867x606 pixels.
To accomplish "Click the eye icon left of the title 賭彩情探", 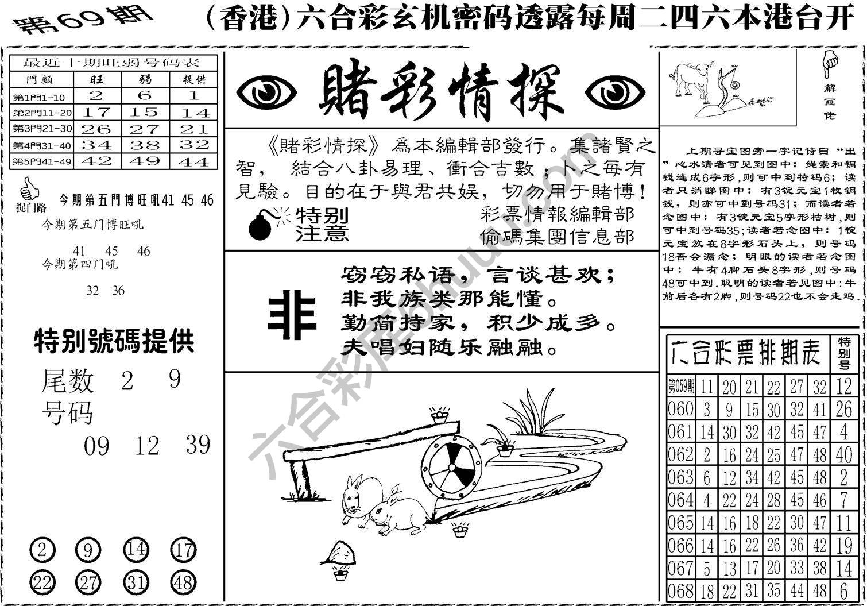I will click(x=266, y=92).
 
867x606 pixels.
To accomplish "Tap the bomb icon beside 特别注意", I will click(x=261, y=226).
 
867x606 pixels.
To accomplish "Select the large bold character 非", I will click(x=293, y=314).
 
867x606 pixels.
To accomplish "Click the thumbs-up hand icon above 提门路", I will click(x=28, y=188).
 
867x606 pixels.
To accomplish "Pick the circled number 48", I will click(x=183, y=583).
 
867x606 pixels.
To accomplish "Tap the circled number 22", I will click(x=42, y=583).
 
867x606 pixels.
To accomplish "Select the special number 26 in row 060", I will click(x=843, y=409).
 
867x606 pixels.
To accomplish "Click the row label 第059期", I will click(x=681, y=386).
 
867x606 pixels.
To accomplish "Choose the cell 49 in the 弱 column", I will click(x=145, y=161).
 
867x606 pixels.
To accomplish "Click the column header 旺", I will click(x=96, y=79).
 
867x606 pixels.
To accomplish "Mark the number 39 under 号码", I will click(x=198, y=445).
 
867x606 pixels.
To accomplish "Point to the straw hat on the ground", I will click(x=340, y=553).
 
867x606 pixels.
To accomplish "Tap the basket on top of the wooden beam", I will click(x=440, y=414).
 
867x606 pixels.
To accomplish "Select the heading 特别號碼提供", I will click(x=114, y=341).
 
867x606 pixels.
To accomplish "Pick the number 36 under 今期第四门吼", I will click(x=118, y=291).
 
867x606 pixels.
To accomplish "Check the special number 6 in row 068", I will click(x=843, y=590).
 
